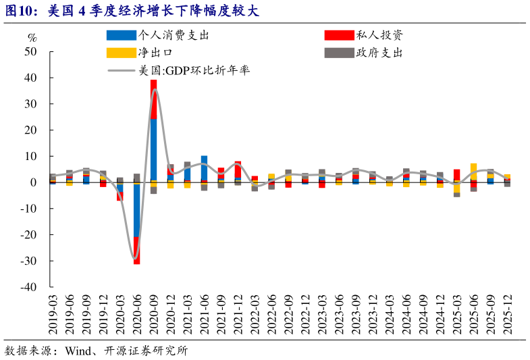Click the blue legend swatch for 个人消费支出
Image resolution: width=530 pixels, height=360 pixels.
pos(121,35)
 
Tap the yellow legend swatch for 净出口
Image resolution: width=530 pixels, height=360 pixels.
pos(121,52)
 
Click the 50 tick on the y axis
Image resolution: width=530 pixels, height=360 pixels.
pos(30,52)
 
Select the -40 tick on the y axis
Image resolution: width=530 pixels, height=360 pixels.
pos(28,287)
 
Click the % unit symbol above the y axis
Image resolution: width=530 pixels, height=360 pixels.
pos(32,37)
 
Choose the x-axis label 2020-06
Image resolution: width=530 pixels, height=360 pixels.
pos(136,315)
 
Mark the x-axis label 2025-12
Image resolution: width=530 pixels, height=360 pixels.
pos(507,315)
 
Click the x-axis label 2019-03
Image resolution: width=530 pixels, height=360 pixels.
pos(53,315)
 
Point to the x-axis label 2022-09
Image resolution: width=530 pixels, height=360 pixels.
pos(288,315)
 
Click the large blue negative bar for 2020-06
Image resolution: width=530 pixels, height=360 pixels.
pos(136,209)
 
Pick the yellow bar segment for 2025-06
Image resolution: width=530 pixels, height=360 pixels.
pos(473,171)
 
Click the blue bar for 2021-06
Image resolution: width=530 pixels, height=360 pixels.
pos(204,168)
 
